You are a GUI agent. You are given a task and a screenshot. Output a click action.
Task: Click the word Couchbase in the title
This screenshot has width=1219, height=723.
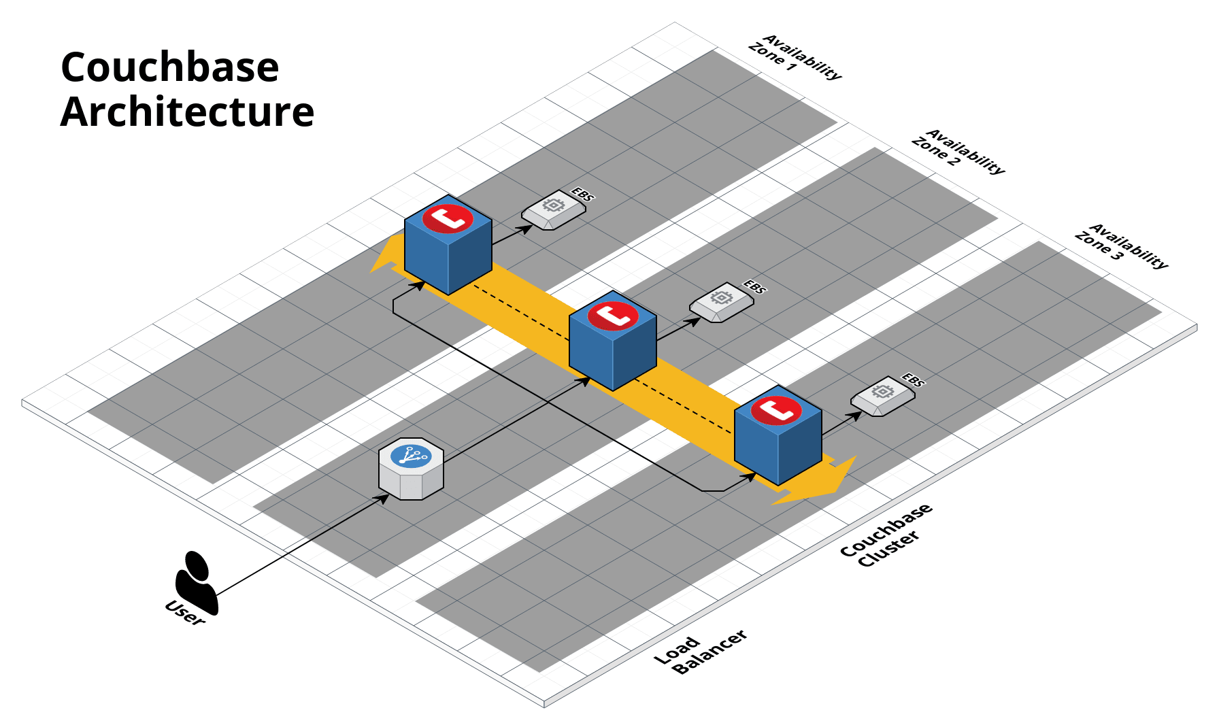click(x=169, y=67)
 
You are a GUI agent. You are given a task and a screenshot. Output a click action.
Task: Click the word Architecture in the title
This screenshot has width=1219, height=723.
click(x=187, y=112)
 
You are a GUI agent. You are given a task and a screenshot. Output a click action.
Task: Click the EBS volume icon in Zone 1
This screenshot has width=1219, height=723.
click(x=553, y=211)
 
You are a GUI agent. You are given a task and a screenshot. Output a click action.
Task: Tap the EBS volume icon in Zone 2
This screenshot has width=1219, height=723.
click(x=721, y=303)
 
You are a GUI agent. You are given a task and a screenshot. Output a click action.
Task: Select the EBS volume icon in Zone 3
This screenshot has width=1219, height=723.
click(x=882, y=397)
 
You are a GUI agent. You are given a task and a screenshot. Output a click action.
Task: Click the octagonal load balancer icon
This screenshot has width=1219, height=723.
click(x=411, y=469)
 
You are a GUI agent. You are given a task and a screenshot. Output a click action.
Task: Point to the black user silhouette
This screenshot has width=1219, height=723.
click(x=196, y=582)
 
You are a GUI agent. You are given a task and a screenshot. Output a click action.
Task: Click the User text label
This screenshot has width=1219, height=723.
click(x=184, y=613)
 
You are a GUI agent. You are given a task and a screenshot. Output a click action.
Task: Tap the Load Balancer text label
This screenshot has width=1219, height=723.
click(x=700, y=652)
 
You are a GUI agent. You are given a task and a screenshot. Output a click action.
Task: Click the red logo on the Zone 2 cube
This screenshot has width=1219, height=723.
click(x=613, y=316)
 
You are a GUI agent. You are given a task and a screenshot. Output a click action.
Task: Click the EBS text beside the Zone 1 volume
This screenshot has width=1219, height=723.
click(x=583, y=195)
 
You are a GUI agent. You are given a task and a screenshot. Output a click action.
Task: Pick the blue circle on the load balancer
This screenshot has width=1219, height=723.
click(x=411, y=455)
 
